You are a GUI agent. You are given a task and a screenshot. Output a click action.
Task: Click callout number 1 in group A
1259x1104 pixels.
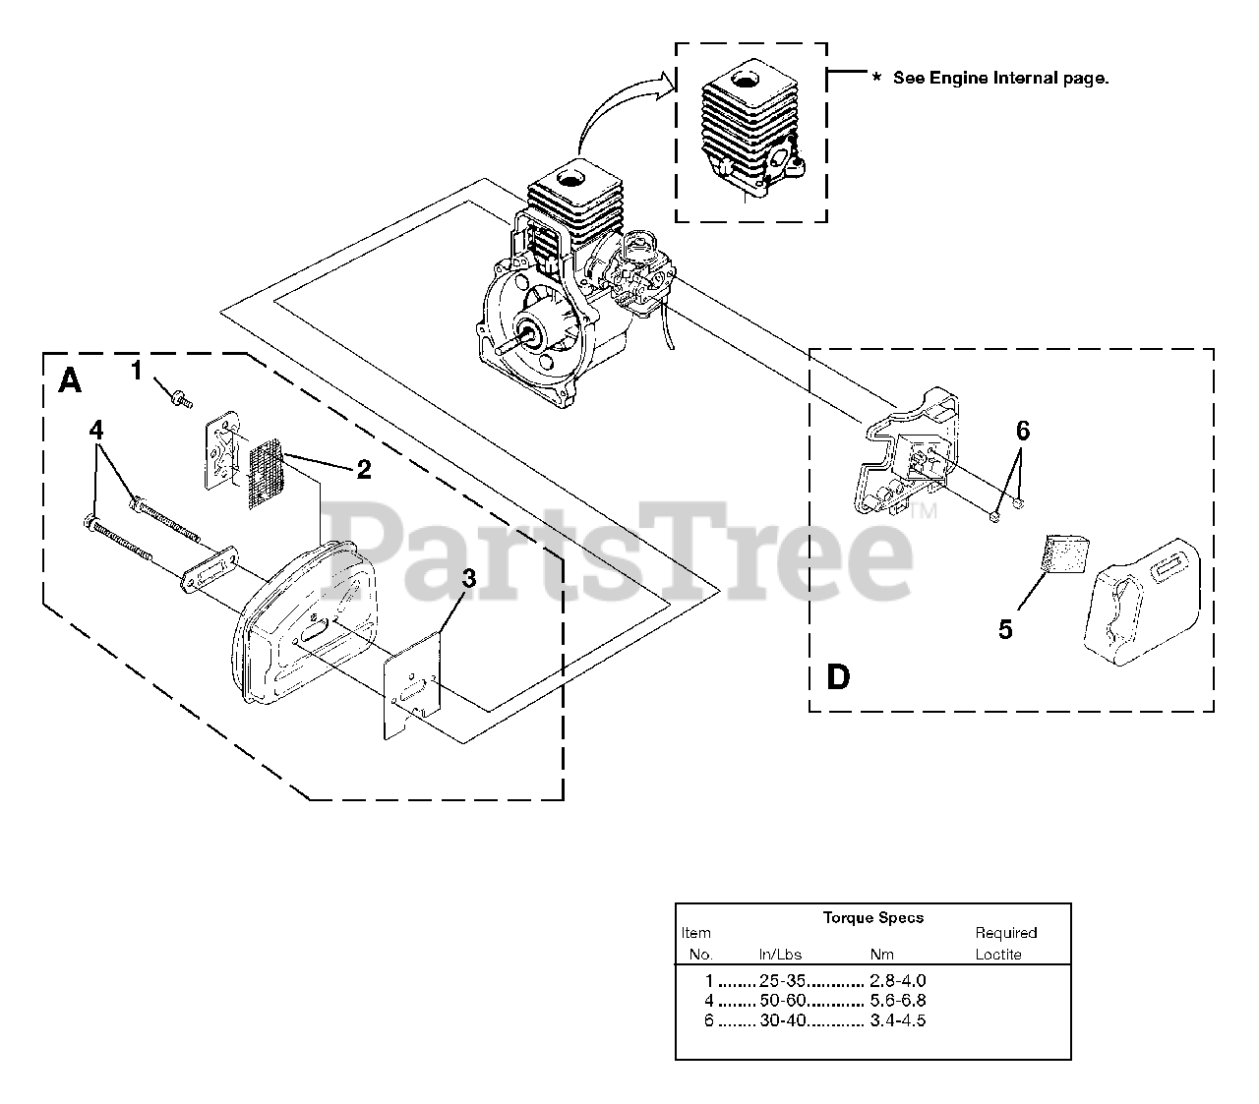[x=137, y=370]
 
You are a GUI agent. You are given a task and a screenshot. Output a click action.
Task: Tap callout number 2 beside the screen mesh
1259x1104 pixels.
[x=364, y=470]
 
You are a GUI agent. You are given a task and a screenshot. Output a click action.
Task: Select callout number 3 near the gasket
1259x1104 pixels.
[x=468, y=579]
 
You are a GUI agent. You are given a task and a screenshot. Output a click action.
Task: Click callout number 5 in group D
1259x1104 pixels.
[x=1005, y=629]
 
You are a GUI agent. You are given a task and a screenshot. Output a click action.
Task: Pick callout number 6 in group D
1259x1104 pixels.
[x=1023, y=431]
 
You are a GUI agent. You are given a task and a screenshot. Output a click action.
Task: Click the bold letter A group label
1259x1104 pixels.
[x=70, y=380]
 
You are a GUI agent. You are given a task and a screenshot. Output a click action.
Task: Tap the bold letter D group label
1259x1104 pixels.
[x=838, y=677]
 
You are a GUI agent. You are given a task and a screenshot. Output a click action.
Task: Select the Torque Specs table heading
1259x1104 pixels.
[x=873, y=917]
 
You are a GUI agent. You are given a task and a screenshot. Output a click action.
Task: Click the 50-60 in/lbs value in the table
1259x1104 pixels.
[x=783, y=1001]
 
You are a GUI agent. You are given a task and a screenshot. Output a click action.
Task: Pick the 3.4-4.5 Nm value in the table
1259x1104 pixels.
[x=898, y=1020]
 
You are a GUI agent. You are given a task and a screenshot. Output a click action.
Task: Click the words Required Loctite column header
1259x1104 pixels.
[x=1005, y=943]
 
